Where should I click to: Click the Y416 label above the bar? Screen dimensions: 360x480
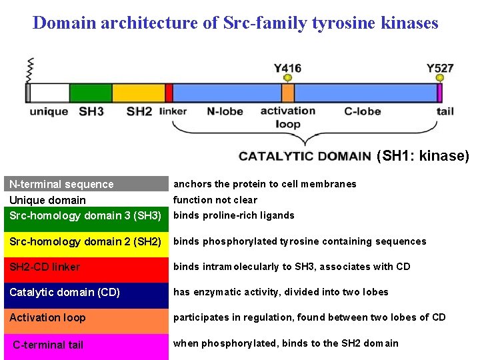tap(287, 68)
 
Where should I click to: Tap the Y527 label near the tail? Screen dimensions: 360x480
tap(440, 68)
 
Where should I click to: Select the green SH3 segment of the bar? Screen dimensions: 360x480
tap(91, 93)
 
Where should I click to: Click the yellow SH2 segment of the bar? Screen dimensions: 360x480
tap(138, 93)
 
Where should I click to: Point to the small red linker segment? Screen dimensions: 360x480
tap(169, 93)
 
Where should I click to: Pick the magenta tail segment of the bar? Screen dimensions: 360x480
tap(440, 93)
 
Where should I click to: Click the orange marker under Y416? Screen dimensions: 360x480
tap(287, 79)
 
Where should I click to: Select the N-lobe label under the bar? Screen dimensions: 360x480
tap(224, 111)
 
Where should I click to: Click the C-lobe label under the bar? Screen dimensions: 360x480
tap(363, 111)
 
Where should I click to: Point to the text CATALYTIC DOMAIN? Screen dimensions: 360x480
tap(305, 157)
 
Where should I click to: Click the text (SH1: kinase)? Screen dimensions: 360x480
tap(423, 156)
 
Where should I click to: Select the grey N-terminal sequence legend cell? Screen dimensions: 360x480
tap(86, 184)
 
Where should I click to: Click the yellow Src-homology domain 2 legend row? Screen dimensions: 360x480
tap(86, 241)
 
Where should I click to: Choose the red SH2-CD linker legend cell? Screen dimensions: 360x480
tap(86, 267)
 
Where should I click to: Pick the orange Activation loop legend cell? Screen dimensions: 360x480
tap(86, 318)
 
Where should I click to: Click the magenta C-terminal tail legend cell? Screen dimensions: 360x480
tap(86, 345)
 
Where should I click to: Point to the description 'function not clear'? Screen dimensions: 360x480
tap(215, 200)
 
